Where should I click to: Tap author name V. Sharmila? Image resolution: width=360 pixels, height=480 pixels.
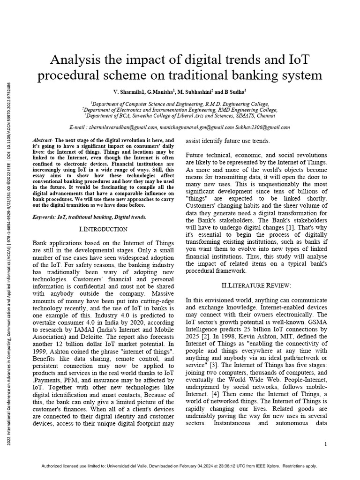[x=129, y=92]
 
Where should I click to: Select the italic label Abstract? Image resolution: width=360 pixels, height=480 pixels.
[x=42, y=141]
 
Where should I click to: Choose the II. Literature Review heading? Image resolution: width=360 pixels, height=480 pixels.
[x=256, y=285]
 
